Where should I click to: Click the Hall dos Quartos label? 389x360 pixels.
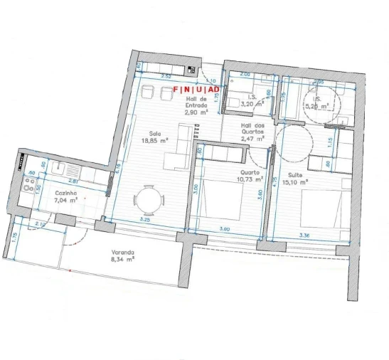253,130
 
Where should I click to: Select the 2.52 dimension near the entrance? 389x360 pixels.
166,75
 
